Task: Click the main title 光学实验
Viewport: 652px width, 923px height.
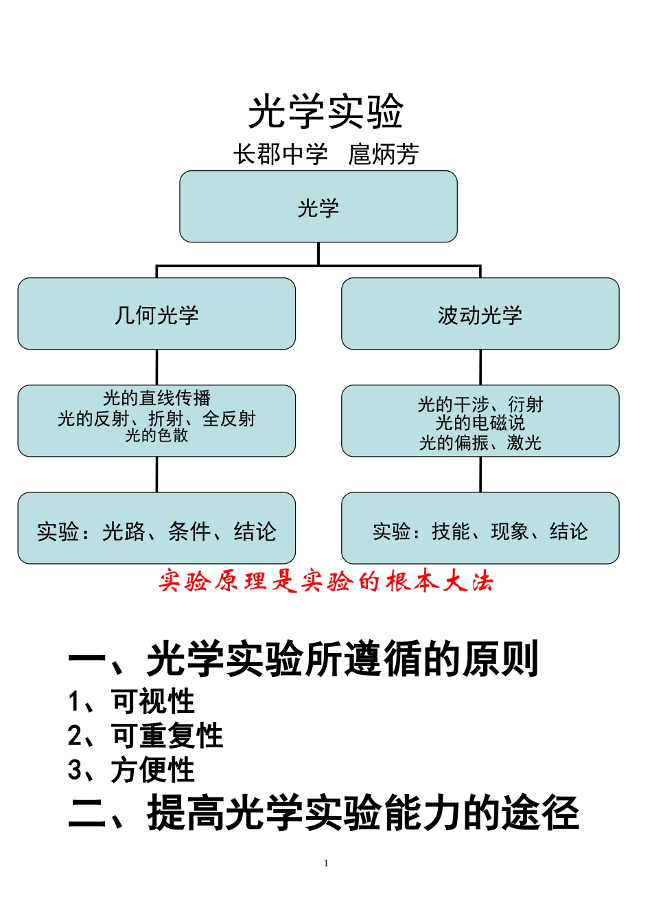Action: pyautogui.click(x=325, y=111)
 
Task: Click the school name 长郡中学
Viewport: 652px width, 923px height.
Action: pyautogui.click(x=280, y=155)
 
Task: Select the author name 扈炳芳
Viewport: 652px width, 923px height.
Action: pyautogui.click(x=383, y=155)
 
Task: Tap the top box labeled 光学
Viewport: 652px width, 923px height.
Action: pyautogui.click(x=318, y=207)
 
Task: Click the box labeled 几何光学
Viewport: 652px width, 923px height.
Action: pyautogui.click(x=156, y=315)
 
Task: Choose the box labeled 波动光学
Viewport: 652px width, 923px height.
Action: pyautogui.click(x=480, y=315)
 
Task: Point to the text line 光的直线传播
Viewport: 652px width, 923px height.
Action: pyautogui.click(x=156, y=398)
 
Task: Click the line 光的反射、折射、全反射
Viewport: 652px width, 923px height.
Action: pyautogui.click(x=156, y=418)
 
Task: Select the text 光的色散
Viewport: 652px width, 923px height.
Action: pyautogui.click(x=156, y=435)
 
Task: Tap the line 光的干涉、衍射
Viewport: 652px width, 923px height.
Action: pyautogui.click(x=480, y=404)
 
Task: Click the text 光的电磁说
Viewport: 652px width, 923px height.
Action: pyautogui.click(x=480, y=423)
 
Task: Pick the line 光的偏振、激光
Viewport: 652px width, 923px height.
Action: pyautogui.click(x=480, y=443)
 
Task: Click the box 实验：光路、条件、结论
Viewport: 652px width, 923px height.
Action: pyautogui.click(x=156, y=531)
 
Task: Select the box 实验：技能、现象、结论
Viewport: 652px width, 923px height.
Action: pyautogui.click(x=480, y=531)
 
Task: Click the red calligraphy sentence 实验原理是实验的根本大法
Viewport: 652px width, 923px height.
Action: pyautogui.click(x=326, y=582)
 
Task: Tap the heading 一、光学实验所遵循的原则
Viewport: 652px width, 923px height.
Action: pyautogui.click(x=303, y=659)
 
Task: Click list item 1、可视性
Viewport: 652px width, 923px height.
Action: pyautogui.click(x=131, y=702)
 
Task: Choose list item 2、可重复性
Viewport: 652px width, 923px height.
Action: pyautogui.click(x=145, y=736)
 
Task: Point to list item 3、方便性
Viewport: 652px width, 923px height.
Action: pyautogui.click(x=131, y=770)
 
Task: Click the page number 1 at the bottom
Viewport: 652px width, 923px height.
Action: pyautogui.click(x=326, y=863)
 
